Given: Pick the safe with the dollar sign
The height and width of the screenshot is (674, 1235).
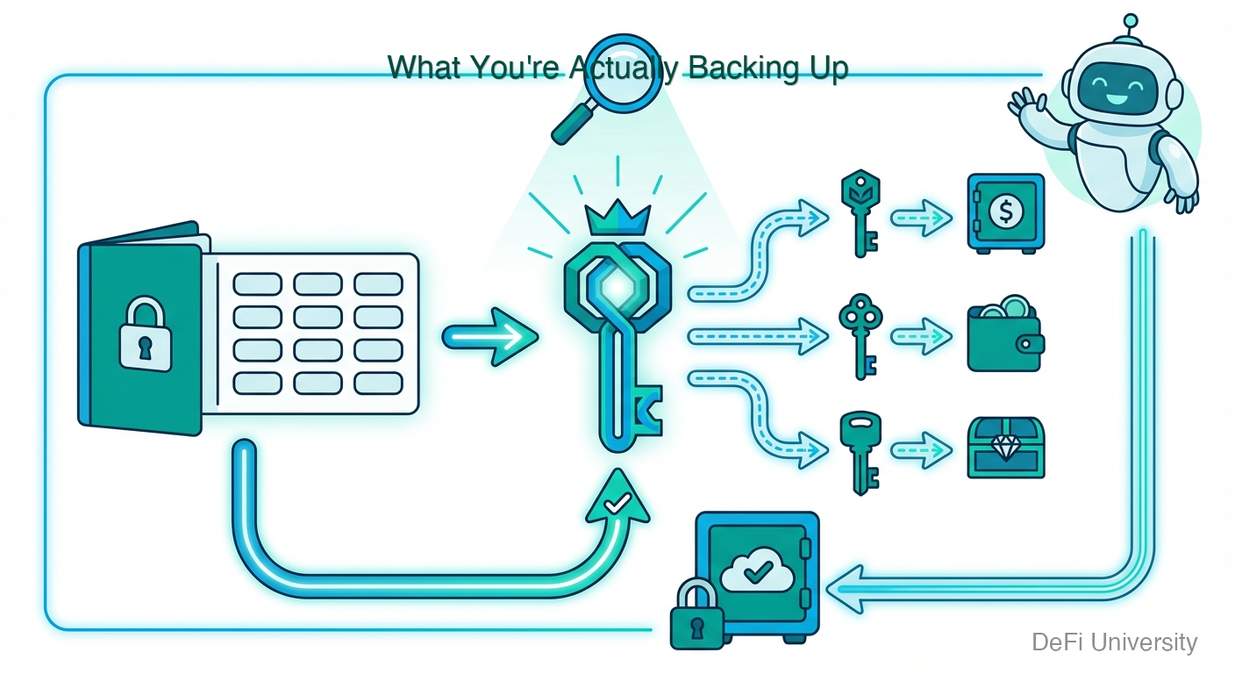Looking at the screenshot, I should point(1005,212).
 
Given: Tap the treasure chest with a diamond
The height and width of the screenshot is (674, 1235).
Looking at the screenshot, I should point(1005,448).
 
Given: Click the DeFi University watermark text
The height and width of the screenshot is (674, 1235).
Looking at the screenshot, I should point(1114,642).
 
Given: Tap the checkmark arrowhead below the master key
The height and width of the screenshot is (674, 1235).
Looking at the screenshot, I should point(618,504).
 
